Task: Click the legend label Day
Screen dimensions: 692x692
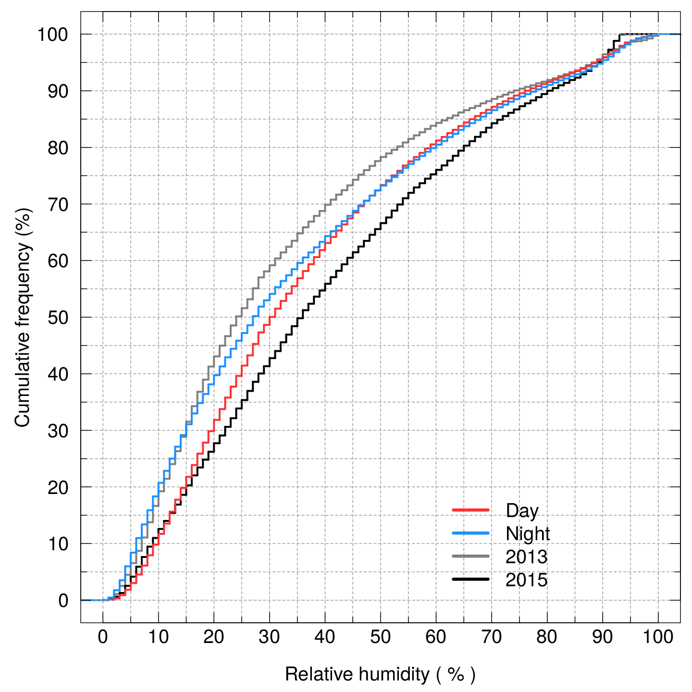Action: tap(522, 511)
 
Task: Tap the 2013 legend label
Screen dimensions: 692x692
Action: tap(526, 557)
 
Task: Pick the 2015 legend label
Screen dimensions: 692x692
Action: tap(526, 580)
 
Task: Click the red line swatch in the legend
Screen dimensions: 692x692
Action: tap(470, 510)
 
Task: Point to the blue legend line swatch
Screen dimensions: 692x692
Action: tap(470, 533)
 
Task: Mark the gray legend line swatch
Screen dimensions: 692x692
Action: tap(470, 556)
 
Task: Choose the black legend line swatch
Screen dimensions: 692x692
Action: tap(470, 579)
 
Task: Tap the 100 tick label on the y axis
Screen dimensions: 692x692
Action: tap(53, 35)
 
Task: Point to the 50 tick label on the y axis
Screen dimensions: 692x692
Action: tap(58, 318)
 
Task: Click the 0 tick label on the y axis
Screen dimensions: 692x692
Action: tap(63, 601)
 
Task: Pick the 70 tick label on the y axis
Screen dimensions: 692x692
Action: tap(58, 205)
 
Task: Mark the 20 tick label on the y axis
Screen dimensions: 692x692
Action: tap(58, 488)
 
